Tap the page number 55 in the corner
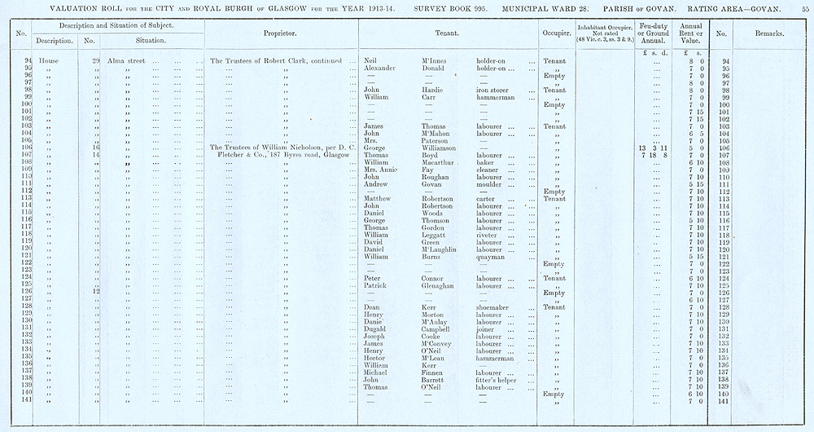805,7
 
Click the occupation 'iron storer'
495,90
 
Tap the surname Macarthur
440,163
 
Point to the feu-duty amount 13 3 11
654,148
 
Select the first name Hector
374,357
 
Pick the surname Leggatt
437,235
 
